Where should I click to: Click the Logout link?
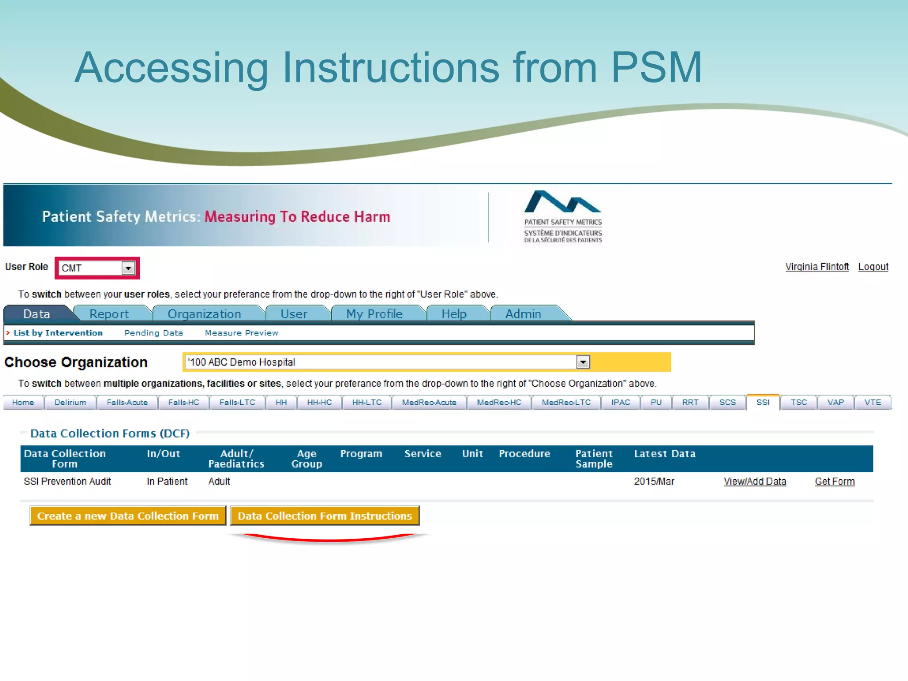[x=873, y=267]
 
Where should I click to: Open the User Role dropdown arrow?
[x=128, y=268]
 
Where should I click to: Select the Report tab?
[x=109, y=314]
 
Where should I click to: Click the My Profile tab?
[x=374, y=314]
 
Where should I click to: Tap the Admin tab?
[x=523, y=314]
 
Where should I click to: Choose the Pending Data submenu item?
[x=153, y=333]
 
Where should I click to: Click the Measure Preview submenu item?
[x=242, y=333]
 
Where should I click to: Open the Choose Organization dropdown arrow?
[x=583, y=362]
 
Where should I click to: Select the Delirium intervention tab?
[x=70, y=403]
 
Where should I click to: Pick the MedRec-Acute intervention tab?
[x=429, y=403]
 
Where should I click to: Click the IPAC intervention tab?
[x=620, y=403]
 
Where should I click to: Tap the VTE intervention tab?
[x=873, y=403]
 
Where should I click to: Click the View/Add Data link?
[x=755, y=481]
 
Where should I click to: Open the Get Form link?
[x=834, y=481]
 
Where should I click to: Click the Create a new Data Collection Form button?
[x=128, y=516]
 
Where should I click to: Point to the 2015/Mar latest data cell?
[x=654, y=481]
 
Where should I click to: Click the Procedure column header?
[x=524, y=454]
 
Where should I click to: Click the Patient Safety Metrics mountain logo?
[x=563, y=203]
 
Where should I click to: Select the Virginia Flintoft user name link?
[x=817, y=267]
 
